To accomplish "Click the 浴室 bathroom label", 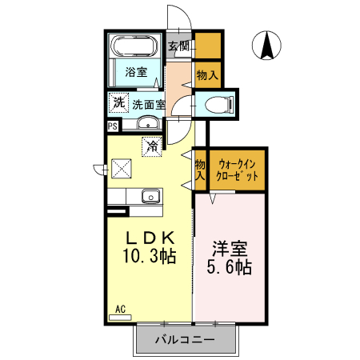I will [136, 72].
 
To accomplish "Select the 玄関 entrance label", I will [178, 46].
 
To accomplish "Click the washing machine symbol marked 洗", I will [118, 103].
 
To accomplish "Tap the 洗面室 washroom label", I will [149, 104].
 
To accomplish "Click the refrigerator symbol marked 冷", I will [151, 146].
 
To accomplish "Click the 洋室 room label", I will [228, 248].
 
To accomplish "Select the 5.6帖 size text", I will [228, 268].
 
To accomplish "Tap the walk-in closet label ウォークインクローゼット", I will [237, 170].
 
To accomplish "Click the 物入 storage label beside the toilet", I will [206, 74].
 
